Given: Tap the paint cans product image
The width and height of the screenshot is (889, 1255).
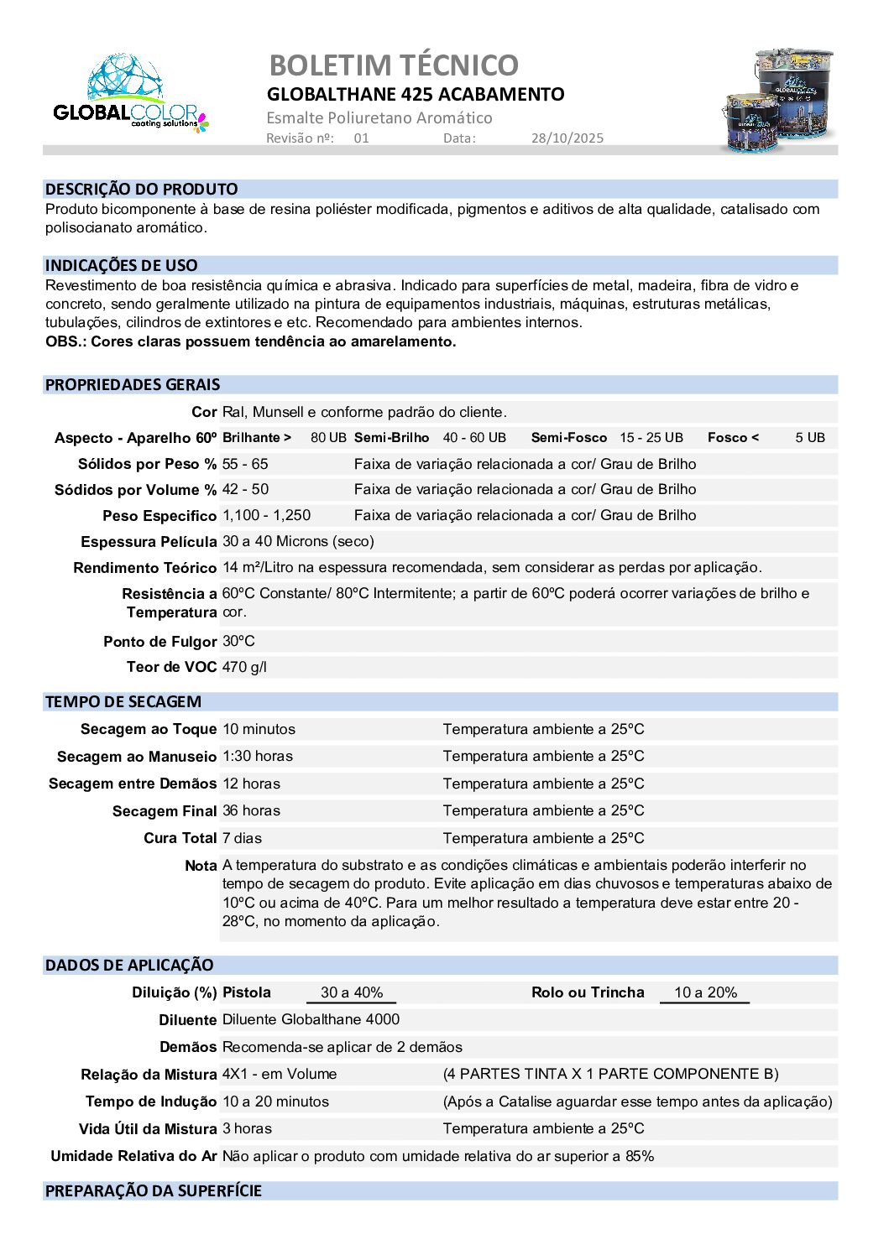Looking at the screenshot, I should click(778, 101).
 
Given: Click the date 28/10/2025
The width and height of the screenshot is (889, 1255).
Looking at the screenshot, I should click(567, 138).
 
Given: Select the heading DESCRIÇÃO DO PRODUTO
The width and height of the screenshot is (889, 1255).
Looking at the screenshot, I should click(141, 190).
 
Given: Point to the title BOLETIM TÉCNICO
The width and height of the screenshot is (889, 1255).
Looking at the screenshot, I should click(394, 65).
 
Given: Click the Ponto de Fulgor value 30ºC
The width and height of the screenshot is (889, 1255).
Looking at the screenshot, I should click(238, 642).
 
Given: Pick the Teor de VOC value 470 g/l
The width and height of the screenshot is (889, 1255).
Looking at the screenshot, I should click(244, 668).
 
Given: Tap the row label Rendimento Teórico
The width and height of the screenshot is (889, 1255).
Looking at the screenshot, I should click(144, 568).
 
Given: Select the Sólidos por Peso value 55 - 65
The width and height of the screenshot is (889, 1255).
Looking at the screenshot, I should click(245, 464).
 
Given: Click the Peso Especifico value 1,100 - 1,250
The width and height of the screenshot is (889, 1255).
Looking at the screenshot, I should click(266, 516).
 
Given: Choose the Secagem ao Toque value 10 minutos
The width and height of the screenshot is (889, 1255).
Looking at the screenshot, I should click(259, 730).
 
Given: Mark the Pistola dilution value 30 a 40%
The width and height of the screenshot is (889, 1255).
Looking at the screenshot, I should click(352, 993).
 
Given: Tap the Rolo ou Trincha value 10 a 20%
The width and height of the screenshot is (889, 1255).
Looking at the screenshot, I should click(705, 993).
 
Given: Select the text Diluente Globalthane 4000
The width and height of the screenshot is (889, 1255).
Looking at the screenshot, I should click(311, 1020).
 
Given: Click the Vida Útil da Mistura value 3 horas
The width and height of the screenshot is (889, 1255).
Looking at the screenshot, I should click(247, 1129).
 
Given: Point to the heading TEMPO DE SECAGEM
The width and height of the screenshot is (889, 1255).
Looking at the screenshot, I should click(123, 702).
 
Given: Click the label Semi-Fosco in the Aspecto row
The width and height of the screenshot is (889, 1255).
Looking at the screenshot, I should click(568, 438).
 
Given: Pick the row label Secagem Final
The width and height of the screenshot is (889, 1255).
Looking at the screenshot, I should click(164, 811).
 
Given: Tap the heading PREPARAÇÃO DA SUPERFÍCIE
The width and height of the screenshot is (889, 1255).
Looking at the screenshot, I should click(154, 1191).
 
